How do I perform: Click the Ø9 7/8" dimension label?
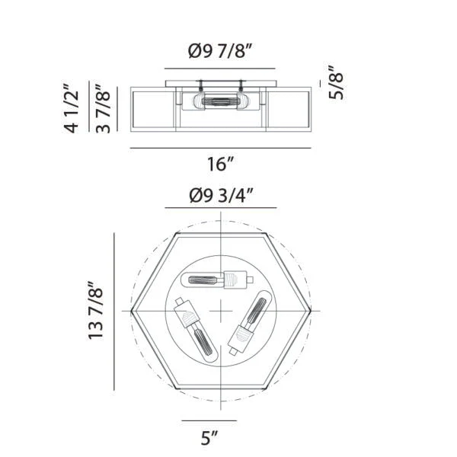point(220,51)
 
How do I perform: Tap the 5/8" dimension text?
point(336,82)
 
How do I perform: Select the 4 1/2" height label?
point(71,108)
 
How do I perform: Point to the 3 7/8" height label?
point(103,109)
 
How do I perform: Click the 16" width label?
point(221,164)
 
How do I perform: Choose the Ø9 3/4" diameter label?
point(221,196)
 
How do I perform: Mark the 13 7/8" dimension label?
point(95,311)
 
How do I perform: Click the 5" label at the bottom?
point(209,438)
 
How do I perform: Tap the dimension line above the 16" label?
point(221,148)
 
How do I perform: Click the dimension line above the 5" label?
point(209,420)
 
